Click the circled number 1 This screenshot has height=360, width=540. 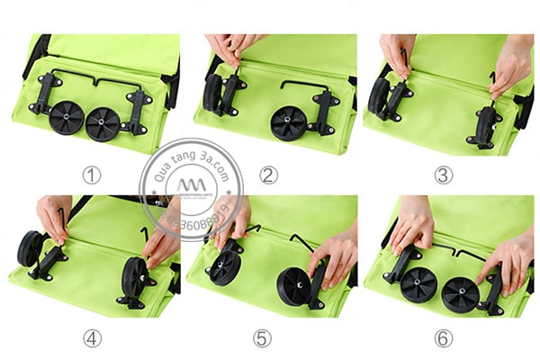pos(91,174)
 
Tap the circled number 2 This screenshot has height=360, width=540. pos(268,175)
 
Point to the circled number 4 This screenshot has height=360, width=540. pos(91,337)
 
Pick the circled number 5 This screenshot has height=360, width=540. pos(262,338)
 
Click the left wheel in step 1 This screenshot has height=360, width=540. pos(66,117)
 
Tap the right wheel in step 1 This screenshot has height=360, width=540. pos(103,123)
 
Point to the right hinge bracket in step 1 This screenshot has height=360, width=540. pos(138,110)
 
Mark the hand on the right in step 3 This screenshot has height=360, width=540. pos(511,64)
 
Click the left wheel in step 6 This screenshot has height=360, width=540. pos(418,283)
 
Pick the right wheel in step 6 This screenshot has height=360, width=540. pos(460,294)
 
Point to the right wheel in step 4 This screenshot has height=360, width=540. pos(135,277)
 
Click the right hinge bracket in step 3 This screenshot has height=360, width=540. pos(484,127)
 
